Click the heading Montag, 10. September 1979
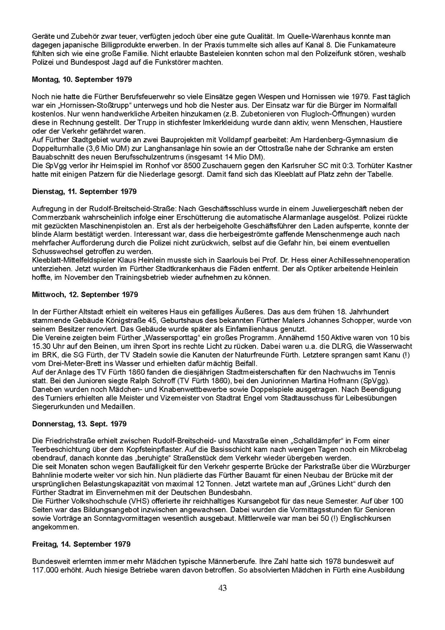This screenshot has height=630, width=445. [x=82, y=80]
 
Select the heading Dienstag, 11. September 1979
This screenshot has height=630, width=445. [x=84, y=191]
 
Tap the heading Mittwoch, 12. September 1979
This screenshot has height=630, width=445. [x=85, y=295]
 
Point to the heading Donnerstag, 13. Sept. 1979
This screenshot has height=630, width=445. [x=79, y=424]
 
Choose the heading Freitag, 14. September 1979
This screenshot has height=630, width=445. [x=81, y=544]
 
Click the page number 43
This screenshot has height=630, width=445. [x=222, y=588]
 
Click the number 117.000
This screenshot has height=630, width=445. [x=47, y=570]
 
